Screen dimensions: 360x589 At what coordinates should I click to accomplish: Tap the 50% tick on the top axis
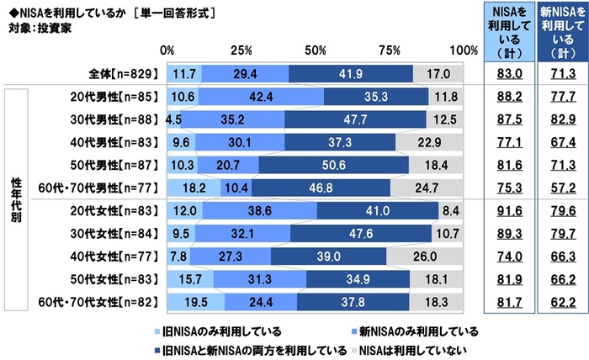[x=316, y=50]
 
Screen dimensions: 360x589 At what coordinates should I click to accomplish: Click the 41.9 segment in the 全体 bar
[x=350, y=74]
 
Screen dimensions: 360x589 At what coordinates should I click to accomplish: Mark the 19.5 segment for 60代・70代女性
[x=196, y=299]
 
